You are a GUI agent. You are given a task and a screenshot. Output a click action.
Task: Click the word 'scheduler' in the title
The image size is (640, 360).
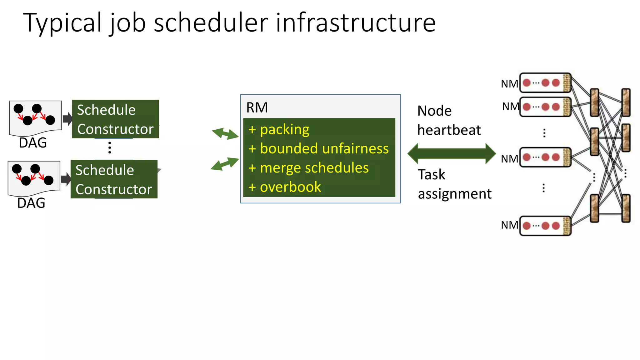[x=211, y=22]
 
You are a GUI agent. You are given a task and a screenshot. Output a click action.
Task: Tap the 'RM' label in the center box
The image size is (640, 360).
[x=257, y=108]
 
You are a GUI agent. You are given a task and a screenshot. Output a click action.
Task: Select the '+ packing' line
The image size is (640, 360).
[x=279, y=129]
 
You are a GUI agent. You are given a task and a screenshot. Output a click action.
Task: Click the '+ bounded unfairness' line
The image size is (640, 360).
[x=318, y=148]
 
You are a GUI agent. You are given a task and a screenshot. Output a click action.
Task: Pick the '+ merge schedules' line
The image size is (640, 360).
[x=308, y=168]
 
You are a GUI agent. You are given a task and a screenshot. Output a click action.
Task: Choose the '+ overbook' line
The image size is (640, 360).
[x=285, y=187]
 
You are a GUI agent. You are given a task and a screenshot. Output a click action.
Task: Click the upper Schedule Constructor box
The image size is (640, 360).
[x=115, y=119]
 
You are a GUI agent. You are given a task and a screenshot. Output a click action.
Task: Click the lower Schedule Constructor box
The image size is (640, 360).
[x=114, y=179]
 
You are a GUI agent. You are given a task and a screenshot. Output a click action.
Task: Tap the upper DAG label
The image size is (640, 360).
[x=33, y=143]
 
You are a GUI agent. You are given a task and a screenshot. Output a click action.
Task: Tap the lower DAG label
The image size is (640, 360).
[x=31, y=203]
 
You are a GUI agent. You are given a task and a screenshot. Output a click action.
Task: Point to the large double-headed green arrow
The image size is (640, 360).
[x=452, y=153]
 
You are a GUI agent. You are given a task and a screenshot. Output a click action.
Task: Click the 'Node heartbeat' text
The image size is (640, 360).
[x=449, y=120]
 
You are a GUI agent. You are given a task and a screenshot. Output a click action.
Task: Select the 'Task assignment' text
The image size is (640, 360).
[x=454, y=184]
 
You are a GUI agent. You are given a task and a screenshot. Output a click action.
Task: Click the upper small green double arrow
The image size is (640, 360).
[x=225, y=133]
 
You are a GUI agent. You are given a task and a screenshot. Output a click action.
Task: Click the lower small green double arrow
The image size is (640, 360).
[x=225, y=164]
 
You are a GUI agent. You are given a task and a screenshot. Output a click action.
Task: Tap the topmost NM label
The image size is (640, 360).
[x=509, y=84]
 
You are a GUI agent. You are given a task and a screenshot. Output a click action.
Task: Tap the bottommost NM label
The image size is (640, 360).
[x=509, y=225]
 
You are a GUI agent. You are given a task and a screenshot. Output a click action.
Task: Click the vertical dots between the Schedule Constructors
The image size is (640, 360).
[x=110, y=147]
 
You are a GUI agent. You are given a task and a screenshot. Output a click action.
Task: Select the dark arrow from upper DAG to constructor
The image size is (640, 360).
[x=67, y=119]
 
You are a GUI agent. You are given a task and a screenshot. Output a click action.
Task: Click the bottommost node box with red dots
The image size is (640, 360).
[x=545, y=226]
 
